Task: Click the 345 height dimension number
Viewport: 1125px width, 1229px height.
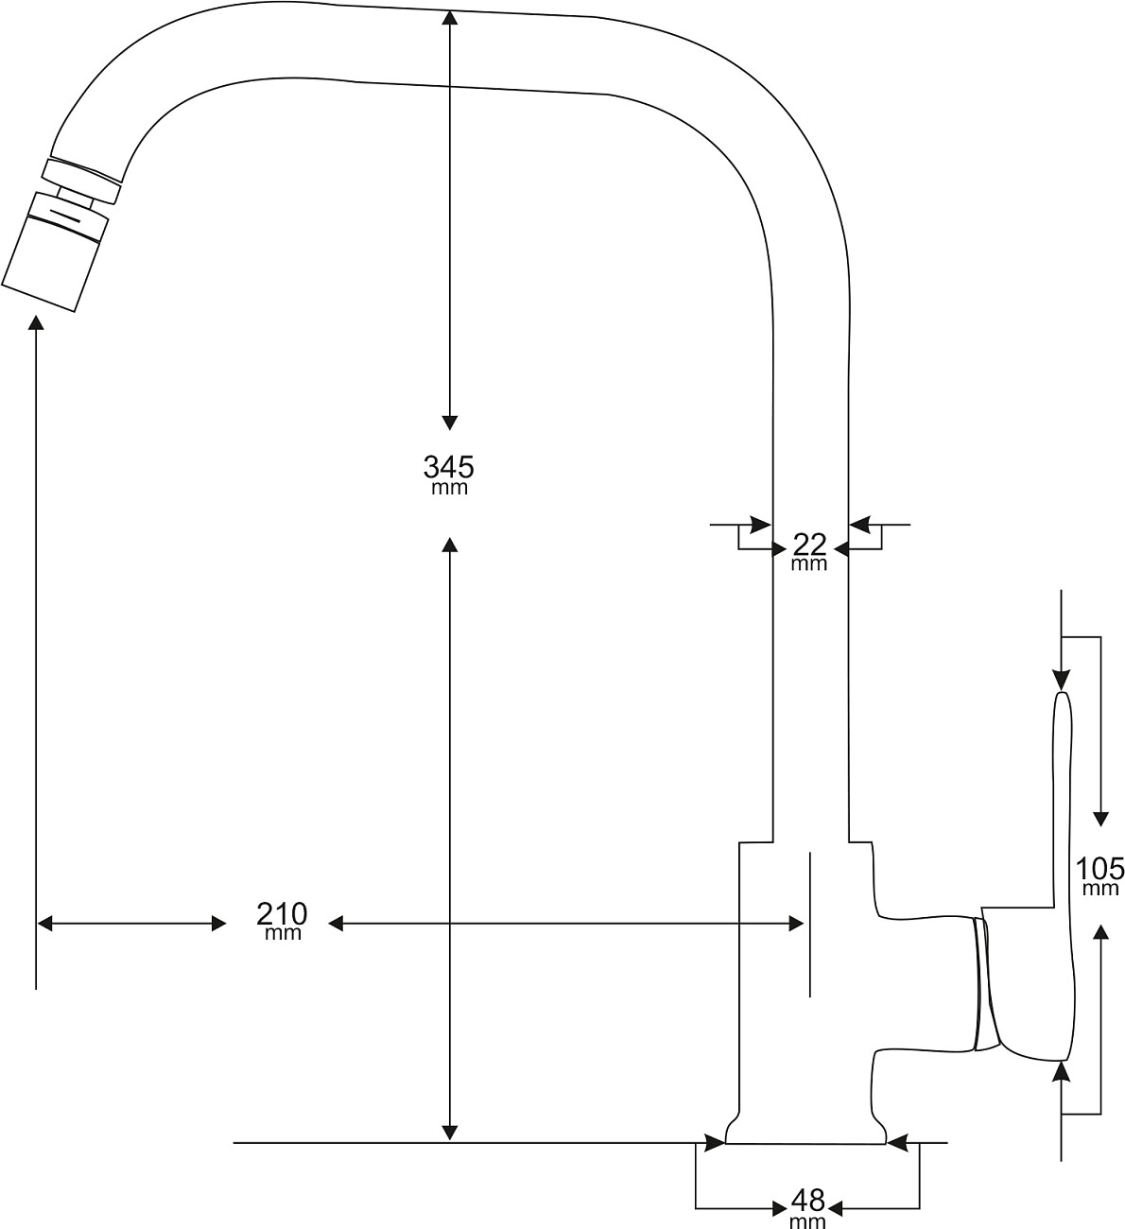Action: pos(448,467)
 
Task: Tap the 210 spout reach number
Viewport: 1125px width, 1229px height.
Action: pos(282,915)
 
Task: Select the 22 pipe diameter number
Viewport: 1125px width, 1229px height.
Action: pos(809,544)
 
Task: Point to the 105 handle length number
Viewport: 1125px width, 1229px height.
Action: pos(1100,868)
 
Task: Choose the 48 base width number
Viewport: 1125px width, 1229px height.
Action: pos(808,1201)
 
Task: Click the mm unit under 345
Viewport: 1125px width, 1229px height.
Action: pos(449,489)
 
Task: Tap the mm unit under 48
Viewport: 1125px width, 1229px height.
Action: pos(807,1221)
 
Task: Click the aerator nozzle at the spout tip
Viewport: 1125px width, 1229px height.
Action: pos(55,251)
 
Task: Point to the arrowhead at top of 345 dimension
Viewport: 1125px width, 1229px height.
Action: pos(450,18)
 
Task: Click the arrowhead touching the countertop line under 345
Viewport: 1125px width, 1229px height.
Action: pos(450,1133)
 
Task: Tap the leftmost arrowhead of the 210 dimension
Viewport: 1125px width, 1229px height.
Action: pos(45,924)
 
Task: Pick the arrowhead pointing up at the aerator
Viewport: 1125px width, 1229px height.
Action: pos(37,323)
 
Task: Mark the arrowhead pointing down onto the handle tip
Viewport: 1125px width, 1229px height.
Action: pos(1062,681)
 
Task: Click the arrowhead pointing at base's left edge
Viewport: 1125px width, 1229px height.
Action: pos(716,1142)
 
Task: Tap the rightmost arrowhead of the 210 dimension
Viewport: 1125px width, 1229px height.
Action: pos(795,924)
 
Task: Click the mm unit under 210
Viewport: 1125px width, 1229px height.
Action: pos(283,934)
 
